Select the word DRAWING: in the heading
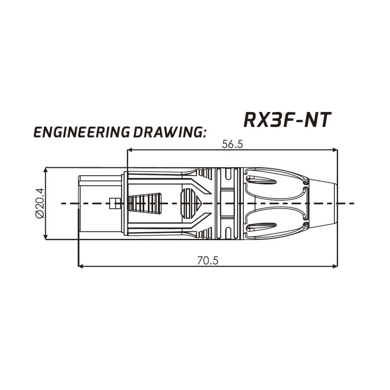click(x=169, y=133)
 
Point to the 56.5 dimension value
click(x=232, y=144)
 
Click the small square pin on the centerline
click(x=114, y=203)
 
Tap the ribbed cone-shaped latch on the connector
click(x=145, y=203)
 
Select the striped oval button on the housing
click(x=187, y=203)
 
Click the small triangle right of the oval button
click(x=199, y=203)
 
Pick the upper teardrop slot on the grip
click(x=261, y=179)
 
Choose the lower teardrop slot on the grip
click(x=261, y=227)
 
